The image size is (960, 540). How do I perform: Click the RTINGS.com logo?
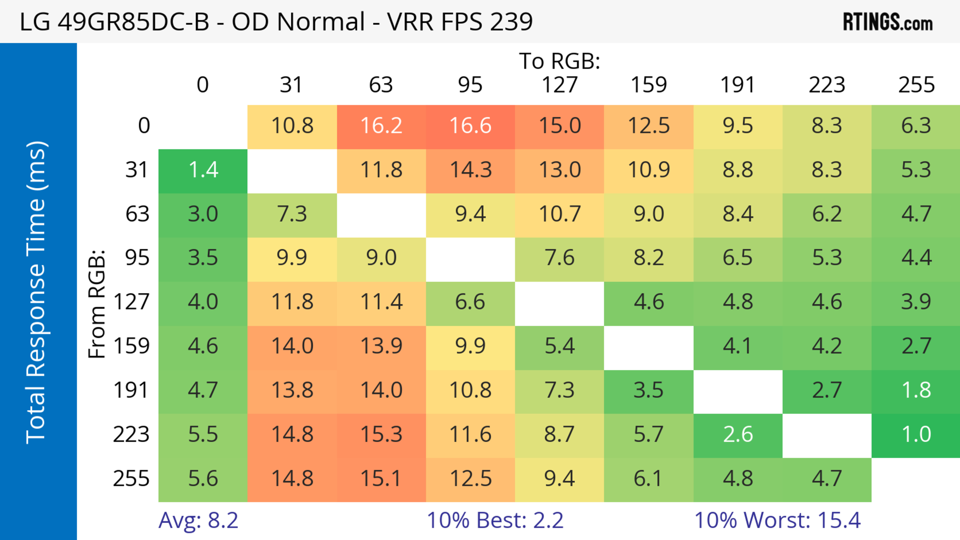[888, 22]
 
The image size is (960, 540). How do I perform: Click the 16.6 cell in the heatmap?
[470, 125]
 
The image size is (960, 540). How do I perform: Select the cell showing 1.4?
[203, 170]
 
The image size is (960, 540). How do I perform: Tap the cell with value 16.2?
[381, 125]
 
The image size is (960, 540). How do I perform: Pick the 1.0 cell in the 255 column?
[916, 434]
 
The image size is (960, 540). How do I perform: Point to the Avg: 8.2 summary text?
[198, 520]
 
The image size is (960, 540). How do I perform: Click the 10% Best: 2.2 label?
[495, 520]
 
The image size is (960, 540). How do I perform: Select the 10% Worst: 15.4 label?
[777, 520]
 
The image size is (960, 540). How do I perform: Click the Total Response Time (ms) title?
[36, 292]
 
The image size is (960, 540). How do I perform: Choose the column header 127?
[559, 85]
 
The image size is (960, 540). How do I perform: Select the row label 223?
[131, 434]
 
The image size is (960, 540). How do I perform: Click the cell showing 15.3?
[381, 434]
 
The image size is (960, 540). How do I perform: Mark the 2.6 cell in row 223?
[738, 434]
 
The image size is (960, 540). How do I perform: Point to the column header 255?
[916, 85]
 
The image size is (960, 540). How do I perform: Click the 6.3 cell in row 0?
[916, 125]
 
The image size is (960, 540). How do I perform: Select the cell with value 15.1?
[381, 479]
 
